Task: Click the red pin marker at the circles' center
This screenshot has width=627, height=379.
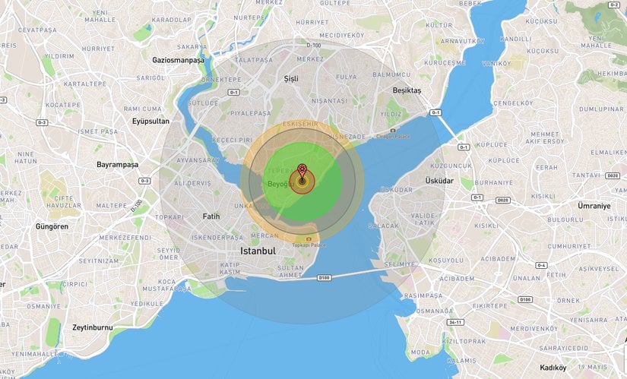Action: (302, 172)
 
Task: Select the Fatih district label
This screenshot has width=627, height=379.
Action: (211, 216)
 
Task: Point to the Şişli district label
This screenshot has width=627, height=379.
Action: (291, 78)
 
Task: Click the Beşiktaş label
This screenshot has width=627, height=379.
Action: (406, 90)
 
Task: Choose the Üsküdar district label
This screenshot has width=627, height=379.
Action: (440, 181)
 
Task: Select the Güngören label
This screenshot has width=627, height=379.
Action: (52, 226)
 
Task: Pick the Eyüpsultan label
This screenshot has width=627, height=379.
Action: (150, 121)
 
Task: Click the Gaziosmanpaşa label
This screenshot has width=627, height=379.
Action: (179, 59)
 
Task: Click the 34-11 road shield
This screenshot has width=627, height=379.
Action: (455, 322)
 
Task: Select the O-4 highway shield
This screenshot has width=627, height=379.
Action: (540, 265)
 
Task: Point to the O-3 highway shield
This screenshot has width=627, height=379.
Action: (41, 122)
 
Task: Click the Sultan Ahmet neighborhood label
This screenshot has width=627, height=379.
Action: (290, 272)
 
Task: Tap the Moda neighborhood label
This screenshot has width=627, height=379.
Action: (420, 352)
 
